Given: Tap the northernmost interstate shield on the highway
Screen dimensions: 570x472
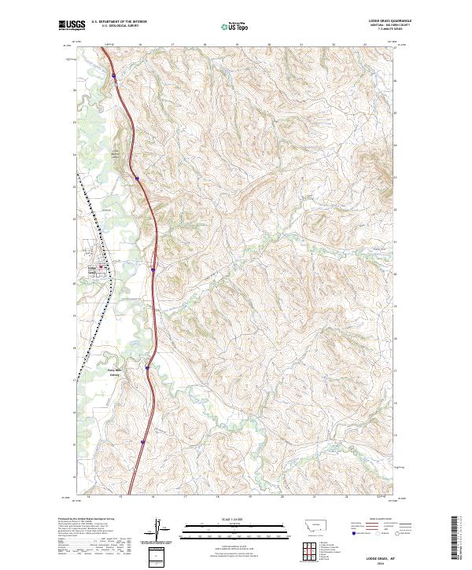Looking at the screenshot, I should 113,75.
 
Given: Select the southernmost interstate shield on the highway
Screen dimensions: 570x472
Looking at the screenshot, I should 142,443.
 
